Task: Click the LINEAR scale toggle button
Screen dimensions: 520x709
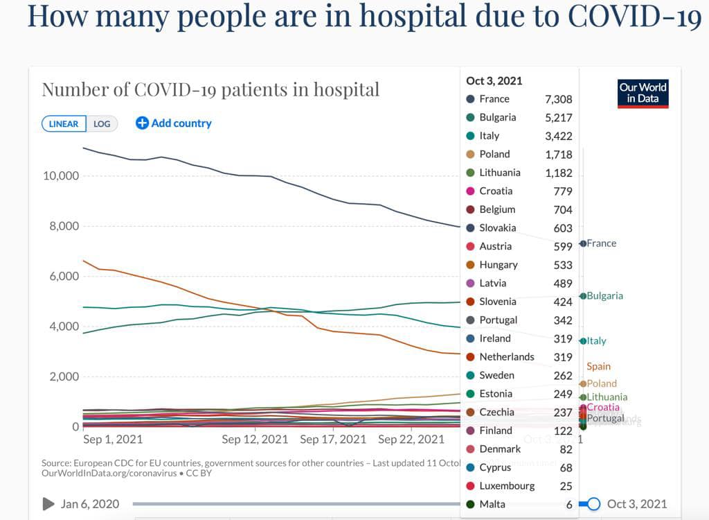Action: pyautogui.click(x=64, y=124)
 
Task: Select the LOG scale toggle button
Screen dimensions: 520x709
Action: pyautogui.click(x=102, y=124)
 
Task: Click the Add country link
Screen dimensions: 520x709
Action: pyautogui.click(x=174, y=123)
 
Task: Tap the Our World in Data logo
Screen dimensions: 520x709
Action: pyautogui.click(x=643, y=93)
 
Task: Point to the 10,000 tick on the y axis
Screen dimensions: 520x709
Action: pyautogui.click(x=60, y=175)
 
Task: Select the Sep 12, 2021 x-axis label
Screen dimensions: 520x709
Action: pyautogui.click(x=255, y=440)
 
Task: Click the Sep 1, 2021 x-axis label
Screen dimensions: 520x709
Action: pyautogui.click(x=113, y=440)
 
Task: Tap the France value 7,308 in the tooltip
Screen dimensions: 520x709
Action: pyautogui.click(x=558, y=100)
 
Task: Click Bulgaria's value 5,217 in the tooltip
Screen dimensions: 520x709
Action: pyautogui.click(x=558, y=118)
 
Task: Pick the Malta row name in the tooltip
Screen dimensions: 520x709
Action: pyautogui.click(x=492, y=504)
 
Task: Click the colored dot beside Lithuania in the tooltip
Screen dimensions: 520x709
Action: pyautogui.click(x=471, y=173)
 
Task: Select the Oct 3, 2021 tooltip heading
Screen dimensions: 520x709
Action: pyautogui.click(x=494, y=80)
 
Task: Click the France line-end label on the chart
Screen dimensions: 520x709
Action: pyautogui.click(x=601, y=243)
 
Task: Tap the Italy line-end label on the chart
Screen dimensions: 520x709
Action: pyautogui.click(x=596, y=341)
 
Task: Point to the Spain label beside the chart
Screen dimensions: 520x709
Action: pyautogui.click(x=598, y=366)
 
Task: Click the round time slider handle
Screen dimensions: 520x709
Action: pyautogui.click(x=593, y=504)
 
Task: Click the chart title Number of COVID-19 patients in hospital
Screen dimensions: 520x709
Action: pyautogui.click(x=210, y=89)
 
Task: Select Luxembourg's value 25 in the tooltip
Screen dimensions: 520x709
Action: pyautogui.click(x=565, y=486)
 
